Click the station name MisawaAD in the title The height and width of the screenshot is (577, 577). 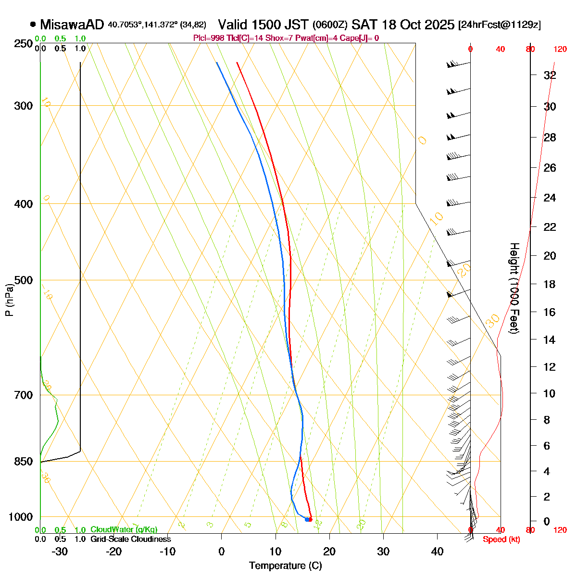coord(72,25)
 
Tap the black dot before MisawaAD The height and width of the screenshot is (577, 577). coord(33,24)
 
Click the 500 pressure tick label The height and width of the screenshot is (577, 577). coord(23,280)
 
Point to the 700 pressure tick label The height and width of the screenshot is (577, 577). coord(23,395)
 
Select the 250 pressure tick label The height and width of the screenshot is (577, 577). coord(23,44)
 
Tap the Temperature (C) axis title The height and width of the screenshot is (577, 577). coord(285,565)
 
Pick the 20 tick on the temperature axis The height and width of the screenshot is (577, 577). coord(329,552)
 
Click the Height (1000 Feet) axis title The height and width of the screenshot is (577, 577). coord(514,288)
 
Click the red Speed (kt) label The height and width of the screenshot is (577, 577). coord(501,539)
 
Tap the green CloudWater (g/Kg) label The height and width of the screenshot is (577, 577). coord(124,530)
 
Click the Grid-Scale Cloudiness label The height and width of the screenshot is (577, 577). coord(130,539)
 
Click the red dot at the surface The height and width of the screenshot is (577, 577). coord(311,519)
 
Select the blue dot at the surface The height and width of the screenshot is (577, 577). coord(307,519)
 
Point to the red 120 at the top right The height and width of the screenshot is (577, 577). coord(560,49)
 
